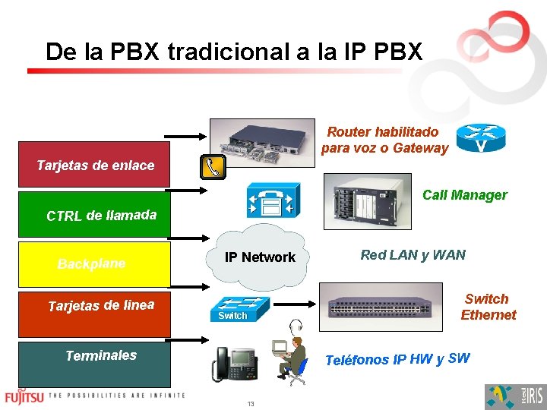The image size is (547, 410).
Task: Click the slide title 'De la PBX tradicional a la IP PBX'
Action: click(233, 52)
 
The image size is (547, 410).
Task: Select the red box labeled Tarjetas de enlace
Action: click(94, 165)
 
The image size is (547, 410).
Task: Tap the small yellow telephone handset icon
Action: click(212, 167)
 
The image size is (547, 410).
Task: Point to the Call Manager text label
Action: click(464, 195)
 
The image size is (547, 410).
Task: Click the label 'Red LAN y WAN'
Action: click(413, 255)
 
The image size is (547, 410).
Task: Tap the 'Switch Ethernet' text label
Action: click(487, 307)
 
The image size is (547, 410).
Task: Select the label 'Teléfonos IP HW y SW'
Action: click(397, 359)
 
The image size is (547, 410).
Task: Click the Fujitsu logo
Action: click(24, 396)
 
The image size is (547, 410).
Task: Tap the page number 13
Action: click(250, 404)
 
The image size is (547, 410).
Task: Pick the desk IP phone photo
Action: click(235, 363)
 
